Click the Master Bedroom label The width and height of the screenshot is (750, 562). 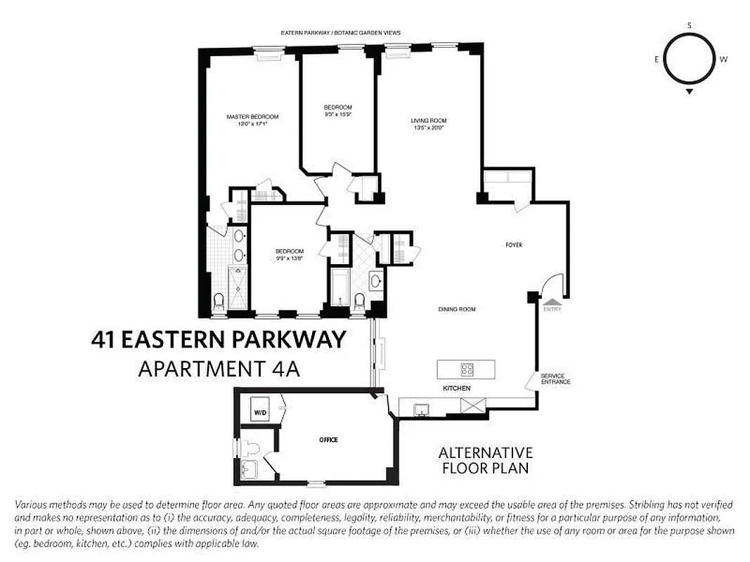click(252, 117)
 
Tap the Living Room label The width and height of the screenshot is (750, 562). click(429, 121)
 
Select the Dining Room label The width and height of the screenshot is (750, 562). click(457, 309)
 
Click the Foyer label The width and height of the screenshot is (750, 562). click(514, 245)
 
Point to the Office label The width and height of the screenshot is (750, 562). click(328, 440)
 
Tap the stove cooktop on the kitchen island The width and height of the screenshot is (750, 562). click(467, 368)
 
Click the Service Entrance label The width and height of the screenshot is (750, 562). click(555, 379)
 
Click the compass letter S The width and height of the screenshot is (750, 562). click(690, 25)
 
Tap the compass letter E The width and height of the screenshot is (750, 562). click(657, 60)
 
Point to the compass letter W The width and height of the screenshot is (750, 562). click(723, 60)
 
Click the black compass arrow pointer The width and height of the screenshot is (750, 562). click(690, 91)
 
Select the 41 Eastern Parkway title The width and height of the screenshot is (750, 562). click(219, 340)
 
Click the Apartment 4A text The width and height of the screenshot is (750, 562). click(219, 368)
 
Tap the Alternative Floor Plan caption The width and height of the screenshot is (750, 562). click(486, 460)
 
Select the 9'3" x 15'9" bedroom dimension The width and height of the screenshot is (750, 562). click(338, 114)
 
